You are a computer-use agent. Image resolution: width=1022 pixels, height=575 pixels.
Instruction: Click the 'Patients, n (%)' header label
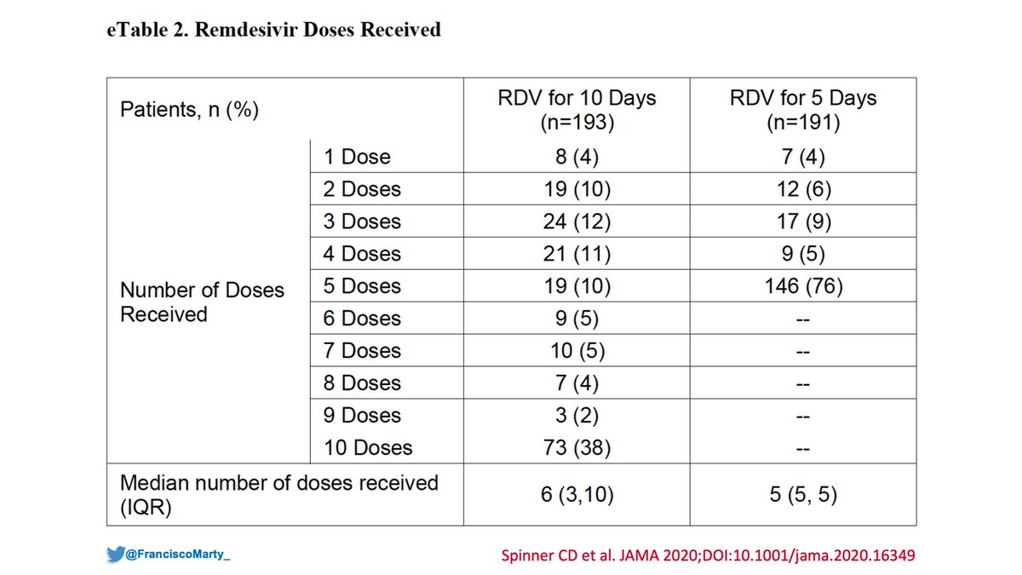190,111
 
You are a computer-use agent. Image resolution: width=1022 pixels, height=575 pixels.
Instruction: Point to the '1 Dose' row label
356,157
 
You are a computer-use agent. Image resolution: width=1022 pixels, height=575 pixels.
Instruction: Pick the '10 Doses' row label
367,448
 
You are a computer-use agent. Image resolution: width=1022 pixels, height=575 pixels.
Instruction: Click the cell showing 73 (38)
577,448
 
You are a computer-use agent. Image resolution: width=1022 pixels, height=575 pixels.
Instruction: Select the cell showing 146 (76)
803,286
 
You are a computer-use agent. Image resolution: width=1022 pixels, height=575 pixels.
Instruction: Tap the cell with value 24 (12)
577,221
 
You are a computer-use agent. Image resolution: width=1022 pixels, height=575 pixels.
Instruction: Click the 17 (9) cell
803,221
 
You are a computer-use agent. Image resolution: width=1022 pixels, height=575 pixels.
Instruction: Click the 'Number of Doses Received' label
202,302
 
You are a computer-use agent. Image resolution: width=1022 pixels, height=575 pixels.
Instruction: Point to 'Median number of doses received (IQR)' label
278,495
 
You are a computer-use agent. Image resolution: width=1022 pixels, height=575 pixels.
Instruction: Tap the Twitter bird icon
115,554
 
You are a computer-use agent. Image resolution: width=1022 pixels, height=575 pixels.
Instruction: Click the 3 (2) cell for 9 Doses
577,416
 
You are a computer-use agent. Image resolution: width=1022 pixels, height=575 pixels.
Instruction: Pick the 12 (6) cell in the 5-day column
803,189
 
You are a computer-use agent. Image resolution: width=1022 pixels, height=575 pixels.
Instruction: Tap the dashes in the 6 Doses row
803,319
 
